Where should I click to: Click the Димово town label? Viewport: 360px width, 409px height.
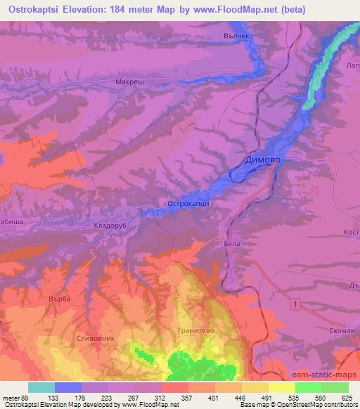click(263, 160)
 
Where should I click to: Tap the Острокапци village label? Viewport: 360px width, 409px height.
click(188, 204)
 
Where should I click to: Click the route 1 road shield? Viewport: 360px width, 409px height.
click(295, 302)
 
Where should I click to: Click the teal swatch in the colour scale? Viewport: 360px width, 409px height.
click(41, 387)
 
